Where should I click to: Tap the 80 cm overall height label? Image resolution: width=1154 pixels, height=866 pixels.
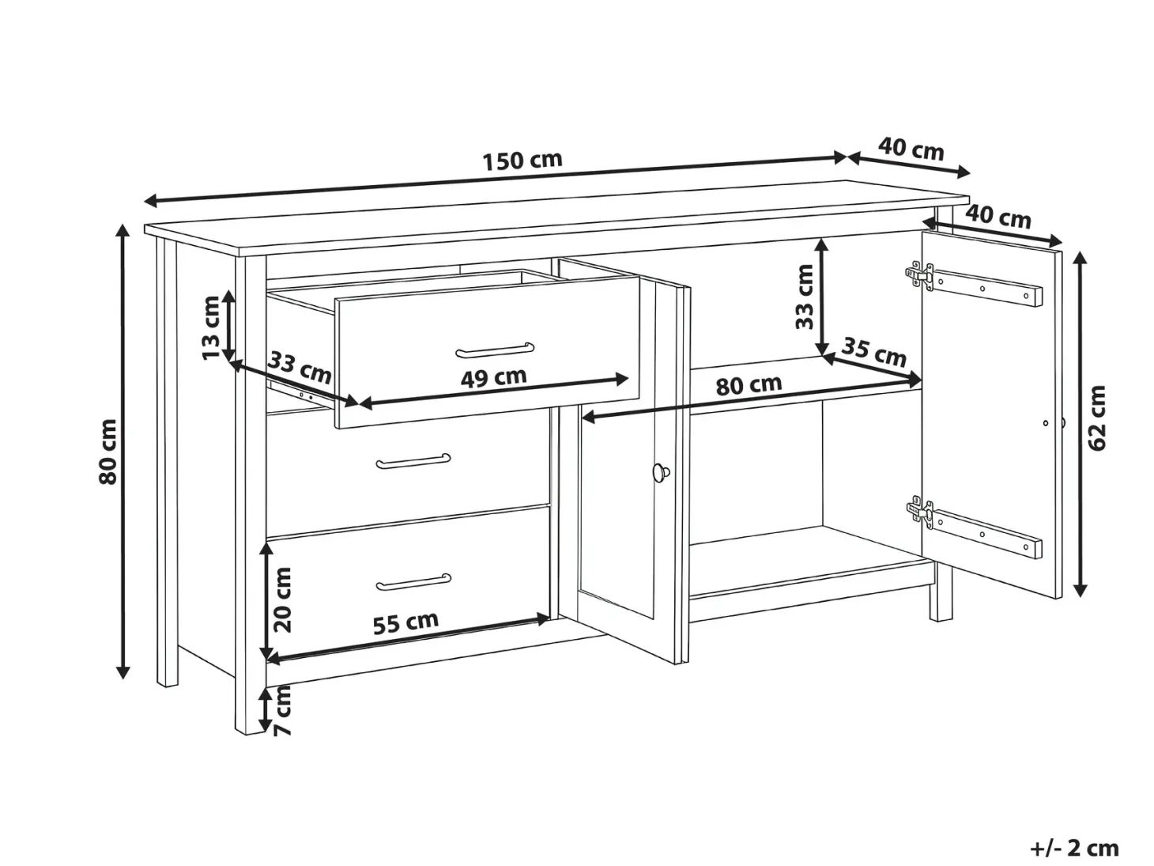coord(107,452)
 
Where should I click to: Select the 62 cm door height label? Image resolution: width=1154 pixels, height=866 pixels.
coord(1096,418)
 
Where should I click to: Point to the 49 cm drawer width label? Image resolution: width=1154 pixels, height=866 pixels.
coord(494,377)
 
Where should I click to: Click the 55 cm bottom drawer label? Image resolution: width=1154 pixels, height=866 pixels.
coord(405,622)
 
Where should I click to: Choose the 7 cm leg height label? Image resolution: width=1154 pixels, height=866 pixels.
coord(282,710)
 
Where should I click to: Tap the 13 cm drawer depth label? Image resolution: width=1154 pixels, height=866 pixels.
coord(211,328)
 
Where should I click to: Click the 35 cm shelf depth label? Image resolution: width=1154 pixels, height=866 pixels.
coord(874,352)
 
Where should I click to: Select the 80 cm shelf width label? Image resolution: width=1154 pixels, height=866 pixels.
coord(749,385)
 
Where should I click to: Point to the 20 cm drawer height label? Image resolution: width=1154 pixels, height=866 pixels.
coord(282,599)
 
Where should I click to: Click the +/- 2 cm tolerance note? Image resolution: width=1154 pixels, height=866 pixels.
coord(1075,848)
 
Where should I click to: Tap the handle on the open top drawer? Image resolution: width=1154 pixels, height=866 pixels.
coord(495,350)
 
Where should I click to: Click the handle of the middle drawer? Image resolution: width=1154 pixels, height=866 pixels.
coord(413,461)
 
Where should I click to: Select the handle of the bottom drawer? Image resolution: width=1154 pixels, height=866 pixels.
coord(413,582)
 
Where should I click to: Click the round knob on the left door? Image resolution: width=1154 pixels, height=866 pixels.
coord(662,472)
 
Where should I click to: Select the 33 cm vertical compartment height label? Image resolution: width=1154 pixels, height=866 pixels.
coord(805,297)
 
